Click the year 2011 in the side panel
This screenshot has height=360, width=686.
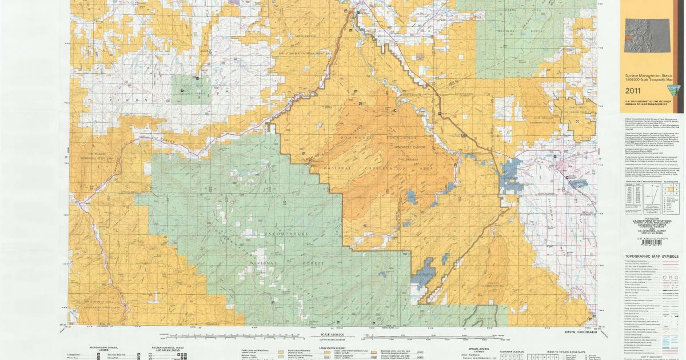[633, 91]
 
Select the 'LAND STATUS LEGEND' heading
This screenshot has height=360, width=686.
[332, 346]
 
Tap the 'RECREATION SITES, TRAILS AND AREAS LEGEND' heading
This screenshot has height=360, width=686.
[166, 348]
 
